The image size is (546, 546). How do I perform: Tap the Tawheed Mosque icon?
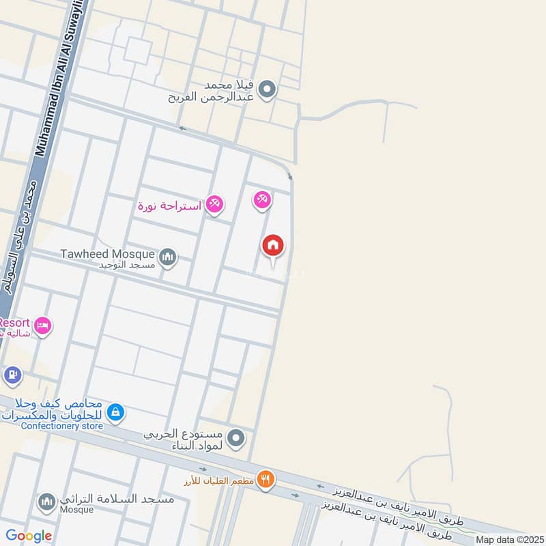pos(168,257)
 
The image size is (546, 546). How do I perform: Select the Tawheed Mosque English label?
pos(107,254)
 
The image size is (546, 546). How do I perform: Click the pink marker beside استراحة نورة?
pos(214,203)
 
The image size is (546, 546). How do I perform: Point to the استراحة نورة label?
pos(169,205)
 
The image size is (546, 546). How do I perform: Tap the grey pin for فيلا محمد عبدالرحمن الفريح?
pos(268,89)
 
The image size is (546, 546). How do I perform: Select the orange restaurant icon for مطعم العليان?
pos(266,479)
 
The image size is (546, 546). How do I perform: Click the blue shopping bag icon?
pos(116,412)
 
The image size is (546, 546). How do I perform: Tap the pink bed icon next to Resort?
pos(42,325)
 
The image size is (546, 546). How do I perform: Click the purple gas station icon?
pos(12,375)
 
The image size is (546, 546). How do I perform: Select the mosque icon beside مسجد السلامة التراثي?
pos(46,503)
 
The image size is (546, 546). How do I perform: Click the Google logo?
pos(29,535)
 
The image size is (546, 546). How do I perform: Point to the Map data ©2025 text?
pos(508,539)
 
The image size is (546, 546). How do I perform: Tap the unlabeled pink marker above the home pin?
pos(262,200)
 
